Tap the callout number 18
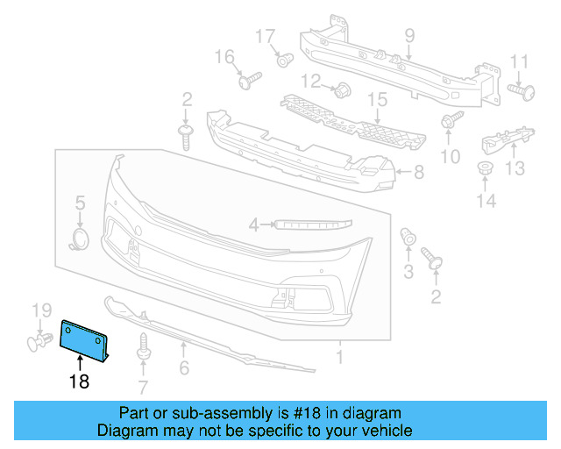(x=79, y=382)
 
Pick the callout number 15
(x=376, y=101)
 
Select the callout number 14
(x=486, y=201)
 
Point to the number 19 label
(x=42, y=310)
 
